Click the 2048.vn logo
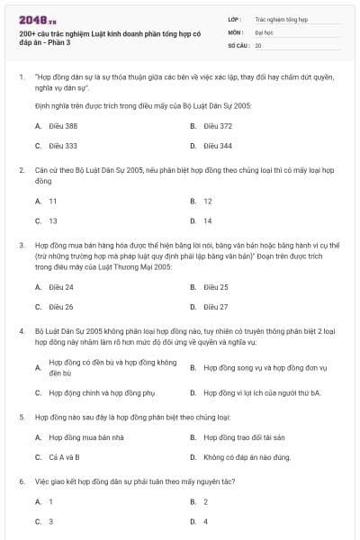pos(37,19)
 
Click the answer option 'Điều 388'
pos(63,126)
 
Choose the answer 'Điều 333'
pos(63,146)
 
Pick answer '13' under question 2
pos(53,220)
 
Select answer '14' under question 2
pos(208,220)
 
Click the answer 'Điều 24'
pos(61,287)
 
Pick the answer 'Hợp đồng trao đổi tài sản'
pos(244,437)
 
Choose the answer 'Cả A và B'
pos(64,457)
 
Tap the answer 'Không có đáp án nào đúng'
pos(247,457)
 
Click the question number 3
pos(21,243)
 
